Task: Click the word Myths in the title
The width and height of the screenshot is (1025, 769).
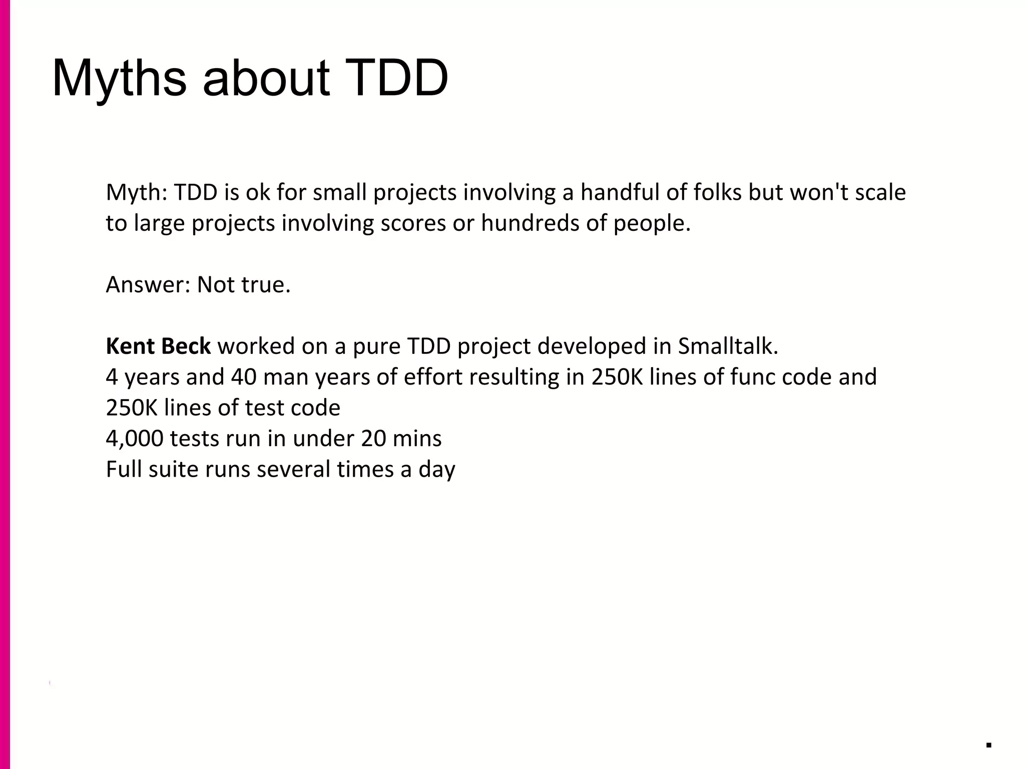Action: (119, 79)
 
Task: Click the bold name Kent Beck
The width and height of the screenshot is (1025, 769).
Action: (158, 346)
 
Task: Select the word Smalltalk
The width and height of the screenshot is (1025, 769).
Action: (728, 346)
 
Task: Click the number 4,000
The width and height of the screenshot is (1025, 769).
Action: (134, 439)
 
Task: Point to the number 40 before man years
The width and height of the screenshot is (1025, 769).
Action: (243, 377)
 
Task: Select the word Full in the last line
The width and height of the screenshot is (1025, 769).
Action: (124, 469)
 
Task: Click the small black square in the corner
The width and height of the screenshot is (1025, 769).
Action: (988, 745)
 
